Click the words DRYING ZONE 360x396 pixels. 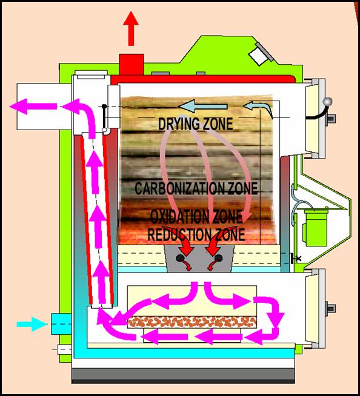[195, 124]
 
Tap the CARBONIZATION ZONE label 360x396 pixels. [196, 188]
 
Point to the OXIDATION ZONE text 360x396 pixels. [196, 216]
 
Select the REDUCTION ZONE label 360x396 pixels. [196, 234]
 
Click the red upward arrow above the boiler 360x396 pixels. [131, 28]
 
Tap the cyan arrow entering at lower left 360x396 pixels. [32, 324]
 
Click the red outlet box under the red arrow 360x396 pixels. [132, 64]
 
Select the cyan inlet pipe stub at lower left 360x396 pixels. [61, 324]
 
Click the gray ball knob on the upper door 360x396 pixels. [327, 102]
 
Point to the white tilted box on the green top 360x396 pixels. [259, 56]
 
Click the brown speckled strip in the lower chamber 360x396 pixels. [192, 322]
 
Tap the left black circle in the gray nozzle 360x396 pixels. [180, 258]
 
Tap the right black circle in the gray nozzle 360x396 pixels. [219, 258]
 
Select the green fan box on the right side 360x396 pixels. [316, 227]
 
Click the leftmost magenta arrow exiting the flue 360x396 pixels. [33, 107]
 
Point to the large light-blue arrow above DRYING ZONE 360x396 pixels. [203, 106]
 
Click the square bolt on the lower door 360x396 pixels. [331, 308]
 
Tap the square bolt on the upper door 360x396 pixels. [331, 118]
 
